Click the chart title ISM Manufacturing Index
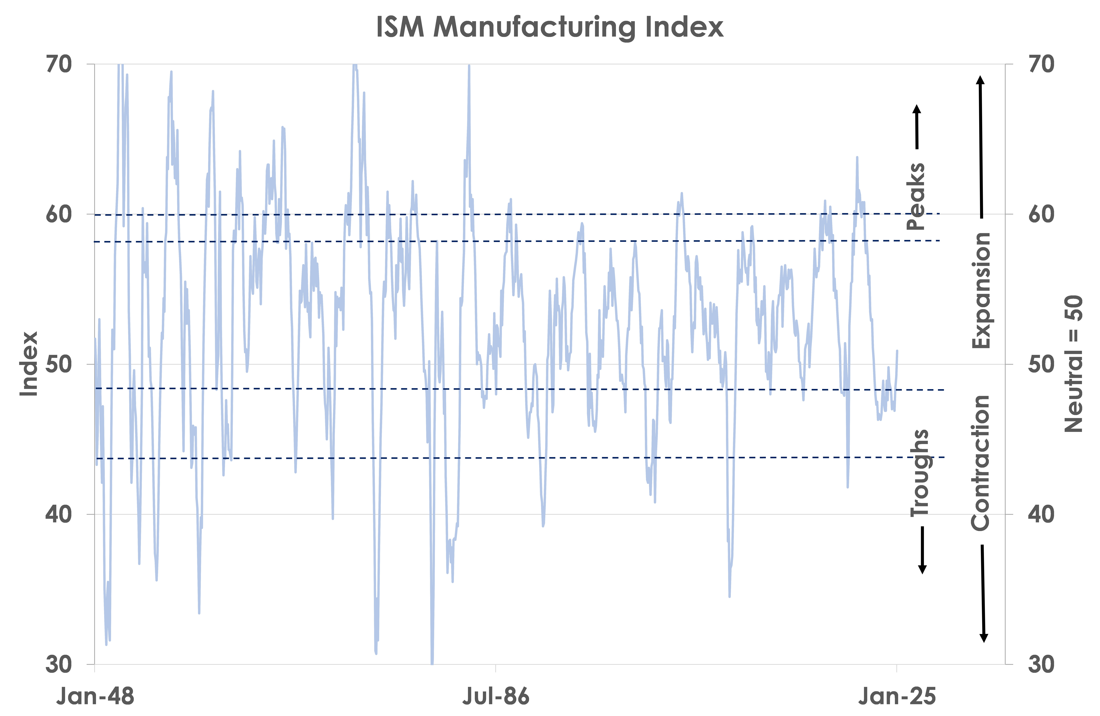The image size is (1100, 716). click(x=550, y=27)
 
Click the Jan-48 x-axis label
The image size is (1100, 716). click(x=95, y=696)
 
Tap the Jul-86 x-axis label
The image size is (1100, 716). click(x=496, y=696)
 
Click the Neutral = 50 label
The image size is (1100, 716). click(x=1073, y=364)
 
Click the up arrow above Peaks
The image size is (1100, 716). click(x=917, y=127)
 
